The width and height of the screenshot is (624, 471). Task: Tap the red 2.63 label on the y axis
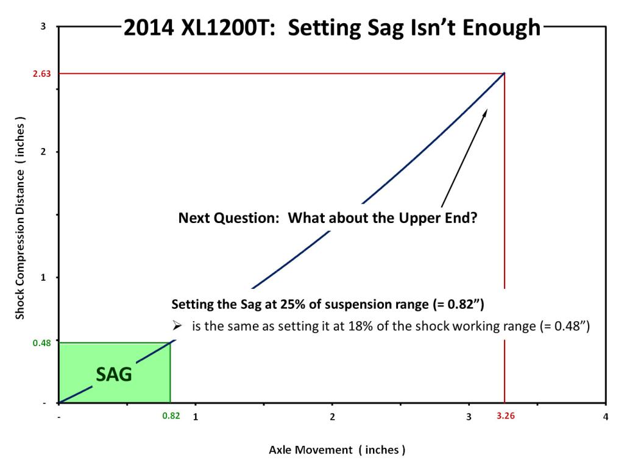click(42, 74)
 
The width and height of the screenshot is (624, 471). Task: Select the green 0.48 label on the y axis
click(42, 343)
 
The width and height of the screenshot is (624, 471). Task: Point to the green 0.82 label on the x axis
click(171, 416)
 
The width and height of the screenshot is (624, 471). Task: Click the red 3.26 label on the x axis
click(505, 416)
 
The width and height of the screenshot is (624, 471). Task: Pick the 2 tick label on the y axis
click(43, 152)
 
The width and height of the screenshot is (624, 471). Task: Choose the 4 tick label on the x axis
click(605, 417)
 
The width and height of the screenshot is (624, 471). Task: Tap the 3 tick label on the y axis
click(43, 26)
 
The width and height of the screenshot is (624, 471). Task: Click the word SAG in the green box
click(114, 374)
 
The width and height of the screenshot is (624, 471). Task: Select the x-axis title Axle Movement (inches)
click(337, 450)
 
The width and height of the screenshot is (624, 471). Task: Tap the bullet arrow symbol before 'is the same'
click(177, 326)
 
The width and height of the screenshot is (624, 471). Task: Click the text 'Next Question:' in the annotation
click(229, 218)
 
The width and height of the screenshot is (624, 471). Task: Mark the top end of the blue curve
click(504, 73)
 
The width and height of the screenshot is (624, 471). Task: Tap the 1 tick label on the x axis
click(196, 417)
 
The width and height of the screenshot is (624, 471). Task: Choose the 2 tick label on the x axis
click(332, 417)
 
